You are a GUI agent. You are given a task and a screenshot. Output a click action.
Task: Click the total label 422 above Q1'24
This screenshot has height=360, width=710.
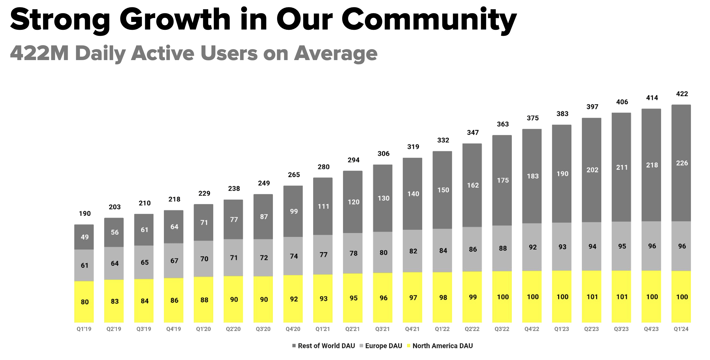(x=682, y=94)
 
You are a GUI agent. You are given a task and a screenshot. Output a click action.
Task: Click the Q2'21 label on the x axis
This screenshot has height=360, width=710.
(x=353, y=329)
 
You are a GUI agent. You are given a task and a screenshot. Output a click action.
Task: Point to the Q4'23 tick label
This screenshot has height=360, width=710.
(x=651, y=329)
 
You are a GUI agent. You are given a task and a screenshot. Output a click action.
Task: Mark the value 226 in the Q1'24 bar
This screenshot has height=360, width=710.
(x=682, y=163)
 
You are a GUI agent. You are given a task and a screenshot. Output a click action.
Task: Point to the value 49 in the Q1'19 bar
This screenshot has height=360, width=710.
(x=84, y=237)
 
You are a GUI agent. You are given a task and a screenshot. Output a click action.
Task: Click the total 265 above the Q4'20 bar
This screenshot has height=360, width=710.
(x=294, y=175)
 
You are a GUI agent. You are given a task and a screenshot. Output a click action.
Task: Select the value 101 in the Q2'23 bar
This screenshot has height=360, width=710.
(x=592, y=297)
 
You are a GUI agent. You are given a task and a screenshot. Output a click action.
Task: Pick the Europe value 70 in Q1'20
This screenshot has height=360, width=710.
(x=204, y=259)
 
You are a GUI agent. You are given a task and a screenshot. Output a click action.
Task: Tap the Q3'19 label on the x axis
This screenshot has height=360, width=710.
(x=144, y=329)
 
